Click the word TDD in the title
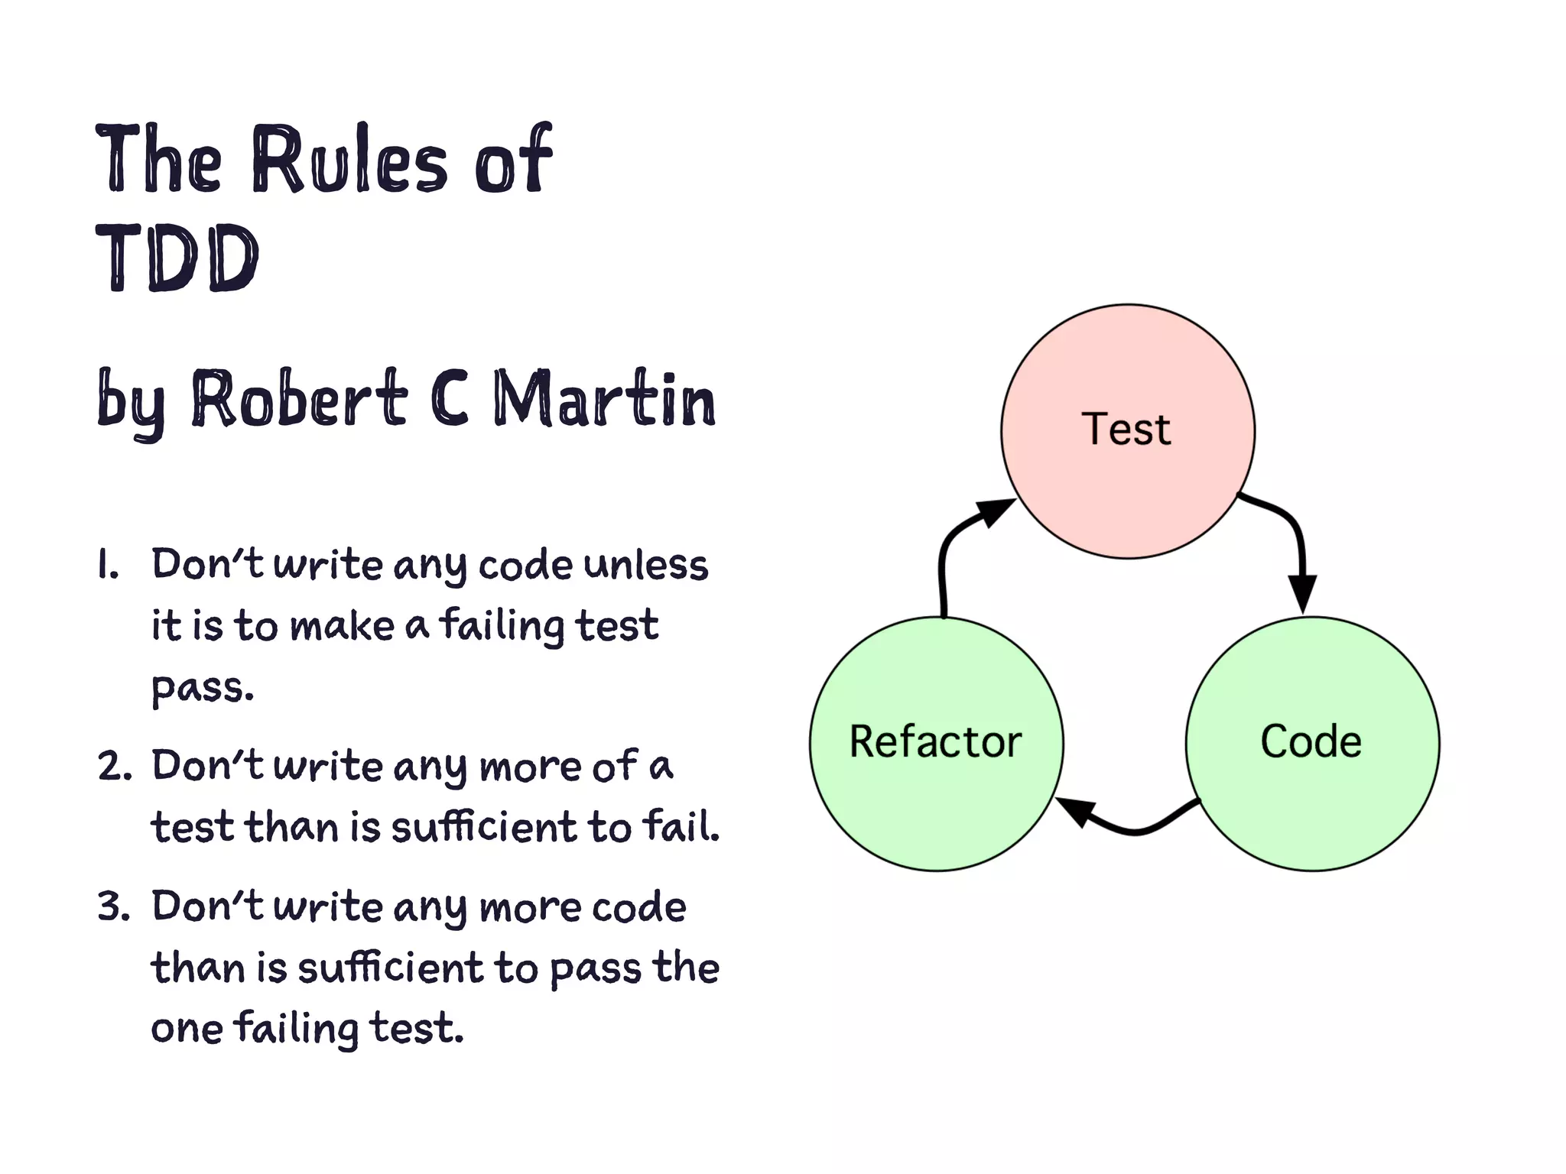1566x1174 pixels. pos(177,258)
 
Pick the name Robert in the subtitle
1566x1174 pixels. pos(298,399)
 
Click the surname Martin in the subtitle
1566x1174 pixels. pos(604,399)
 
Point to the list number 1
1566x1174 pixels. pos(107,566)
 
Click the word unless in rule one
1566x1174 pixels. pos(646,566)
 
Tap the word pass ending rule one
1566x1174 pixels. pos(200,688)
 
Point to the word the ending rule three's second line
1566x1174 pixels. pos(686,968)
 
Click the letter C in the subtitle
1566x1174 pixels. pos(450,399)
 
